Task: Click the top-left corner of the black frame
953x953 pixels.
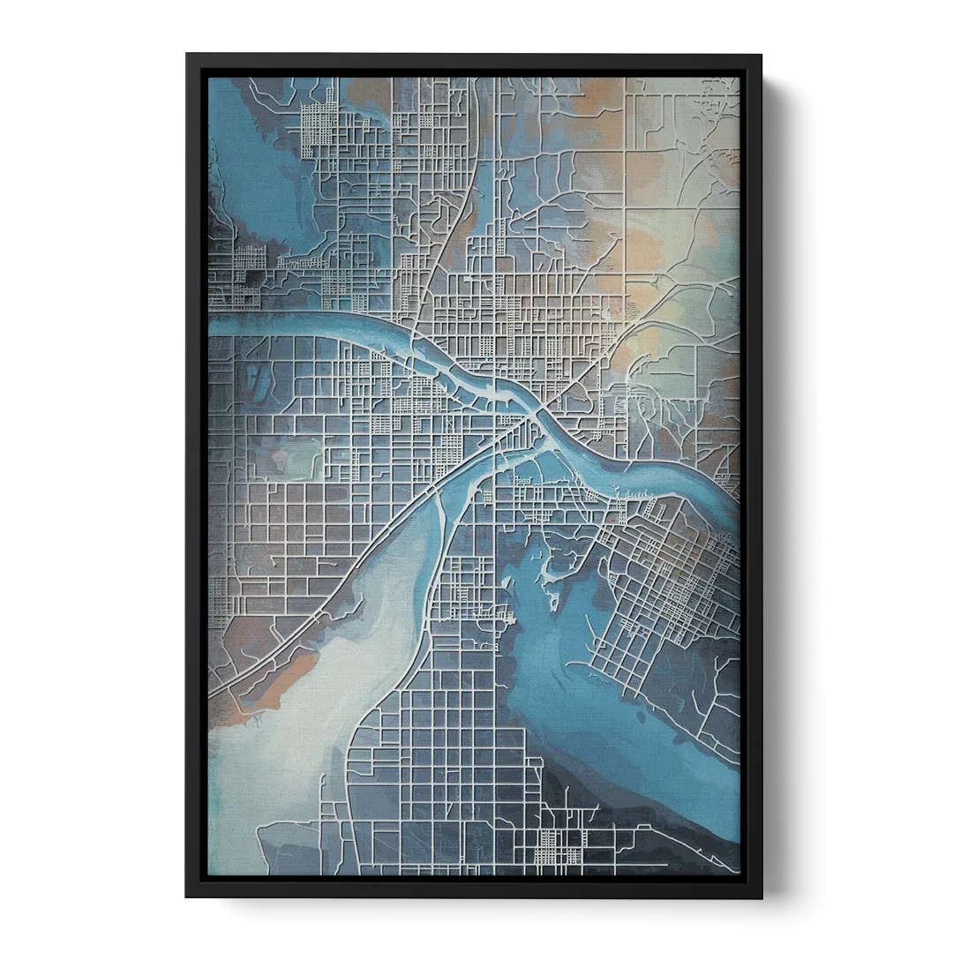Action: [185, 52]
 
